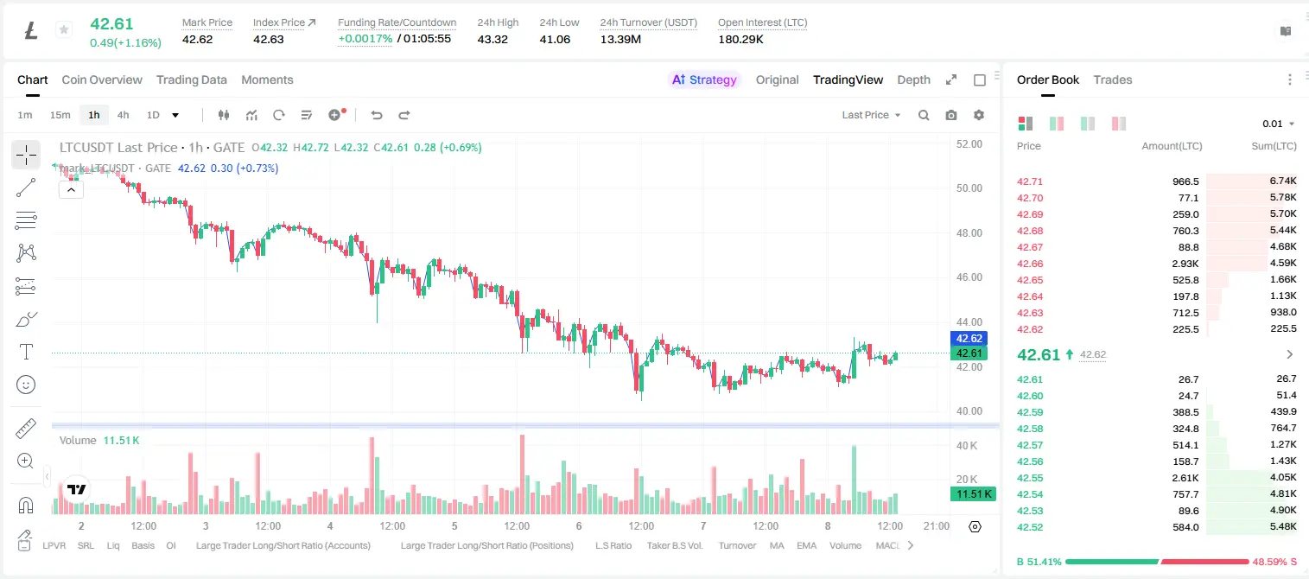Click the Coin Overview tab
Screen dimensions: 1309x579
point(102,80)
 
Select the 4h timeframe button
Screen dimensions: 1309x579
point(123,115)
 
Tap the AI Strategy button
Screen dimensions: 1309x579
point(704,80)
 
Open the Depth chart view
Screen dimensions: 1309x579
point(913,80)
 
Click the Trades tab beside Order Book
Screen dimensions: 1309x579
point(1113,80)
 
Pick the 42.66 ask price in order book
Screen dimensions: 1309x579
point(1030,264)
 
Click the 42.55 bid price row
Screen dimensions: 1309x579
point(1030,478)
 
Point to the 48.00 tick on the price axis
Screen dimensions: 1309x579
point(969,233)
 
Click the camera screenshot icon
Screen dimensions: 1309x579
point(951,115)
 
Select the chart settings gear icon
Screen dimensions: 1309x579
point(979,115)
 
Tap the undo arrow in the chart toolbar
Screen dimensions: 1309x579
point(377,115)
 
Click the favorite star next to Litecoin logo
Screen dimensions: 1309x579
point(64,29)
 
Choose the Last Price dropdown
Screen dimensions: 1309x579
point(871,115)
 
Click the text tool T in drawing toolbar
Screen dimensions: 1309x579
point(26,352)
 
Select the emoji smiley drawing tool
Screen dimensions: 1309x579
point(26,385)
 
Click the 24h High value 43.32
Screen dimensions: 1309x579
point(492,39)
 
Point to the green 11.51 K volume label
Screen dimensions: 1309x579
point(973,494)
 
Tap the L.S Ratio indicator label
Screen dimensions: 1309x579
point(613,545)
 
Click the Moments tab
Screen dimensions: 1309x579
point(267,80)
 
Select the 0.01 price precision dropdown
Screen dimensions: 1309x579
point(1278,124)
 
